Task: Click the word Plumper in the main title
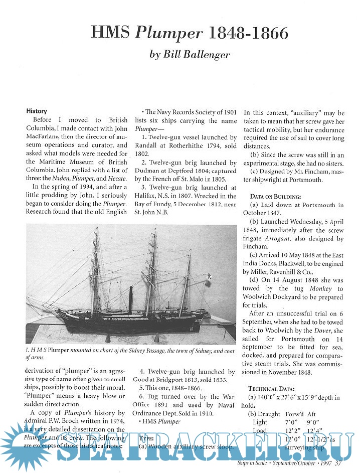[168, 33]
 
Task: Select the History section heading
[37, 111]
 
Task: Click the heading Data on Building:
[275, 196]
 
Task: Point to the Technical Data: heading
[273, 389]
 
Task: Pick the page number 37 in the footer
[338, 463]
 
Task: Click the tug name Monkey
[319, 288]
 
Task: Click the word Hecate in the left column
[115, 171]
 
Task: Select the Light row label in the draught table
[260, 422]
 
